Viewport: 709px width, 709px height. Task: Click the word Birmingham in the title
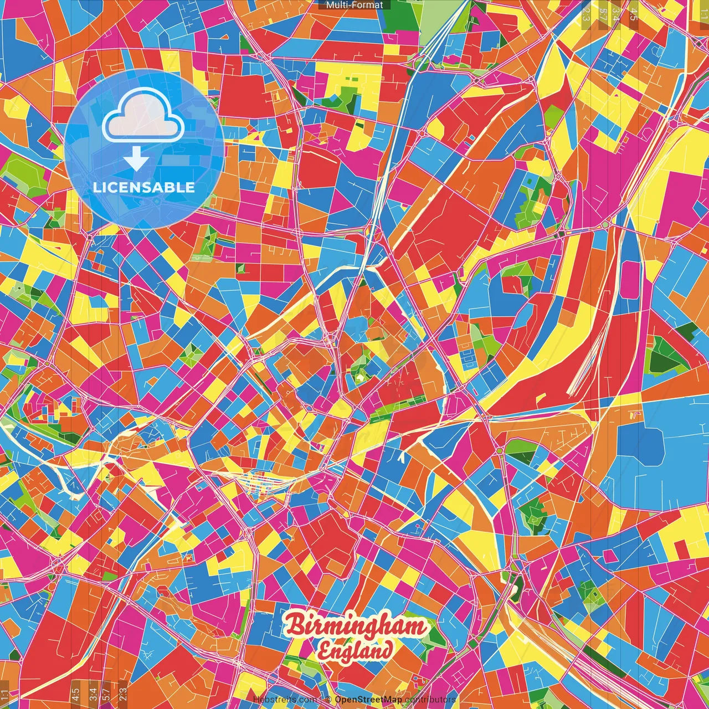pyautogui.click(x=357, y=626)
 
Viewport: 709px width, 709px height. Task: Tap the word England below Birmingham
pyautogui.click(x=354, y=651)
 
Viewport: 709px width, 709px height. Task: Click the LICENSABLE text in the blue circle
pyautogui.click(x=144, y=187)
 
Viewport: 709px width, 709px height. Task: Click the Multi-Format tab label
pyautogui.click(x=354, y=5)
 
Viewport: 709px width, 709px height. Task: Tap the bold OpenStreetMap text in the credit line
pyautogui.click(x=368, y=700)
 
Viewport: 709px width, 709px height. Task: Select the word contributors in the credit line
pyautogui.click(x=430, y=700)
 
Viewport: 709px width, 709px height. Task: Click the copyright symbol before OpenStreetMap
pyautogui.click(x=328, y=700)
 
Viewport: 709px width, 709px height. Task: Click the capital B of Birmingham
pyautogui.click(x=296, y=626)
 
